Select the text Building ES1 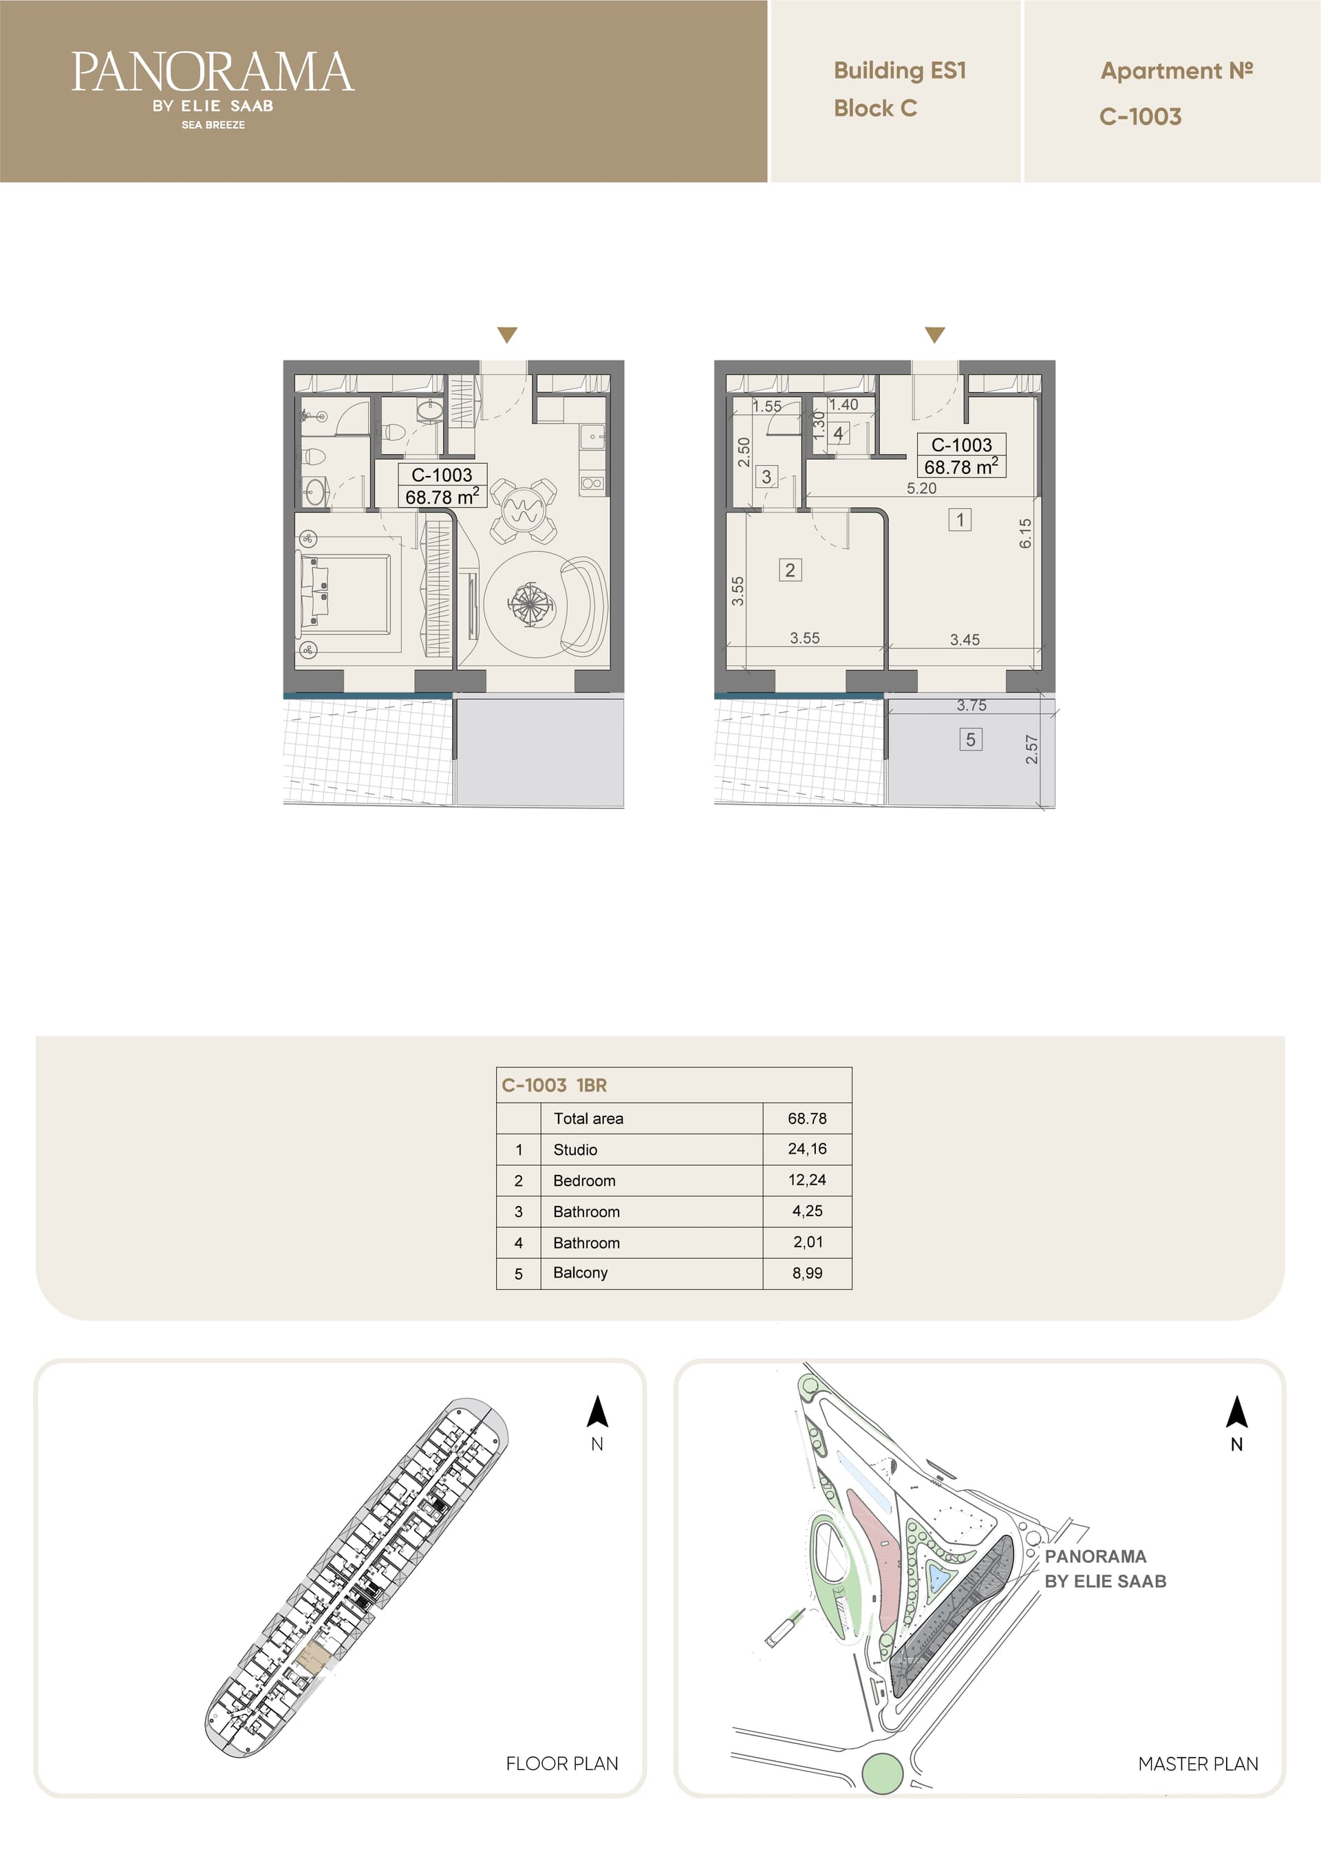900,71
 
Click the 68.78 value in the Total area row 807,1118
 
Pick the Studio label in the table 575,1149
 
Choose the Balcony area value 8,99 807,1273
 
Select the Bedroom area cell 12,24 807,1180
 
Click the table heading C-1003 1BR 554,1085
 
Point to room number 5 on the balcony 970,739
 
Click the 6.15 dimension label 1025,533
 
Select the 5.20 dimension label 922,488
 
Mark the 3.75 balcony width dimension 971,705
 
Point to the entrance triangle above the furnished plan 507,334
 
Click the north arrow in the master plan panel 1236,1412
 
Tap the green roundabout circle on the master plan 882,1773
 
